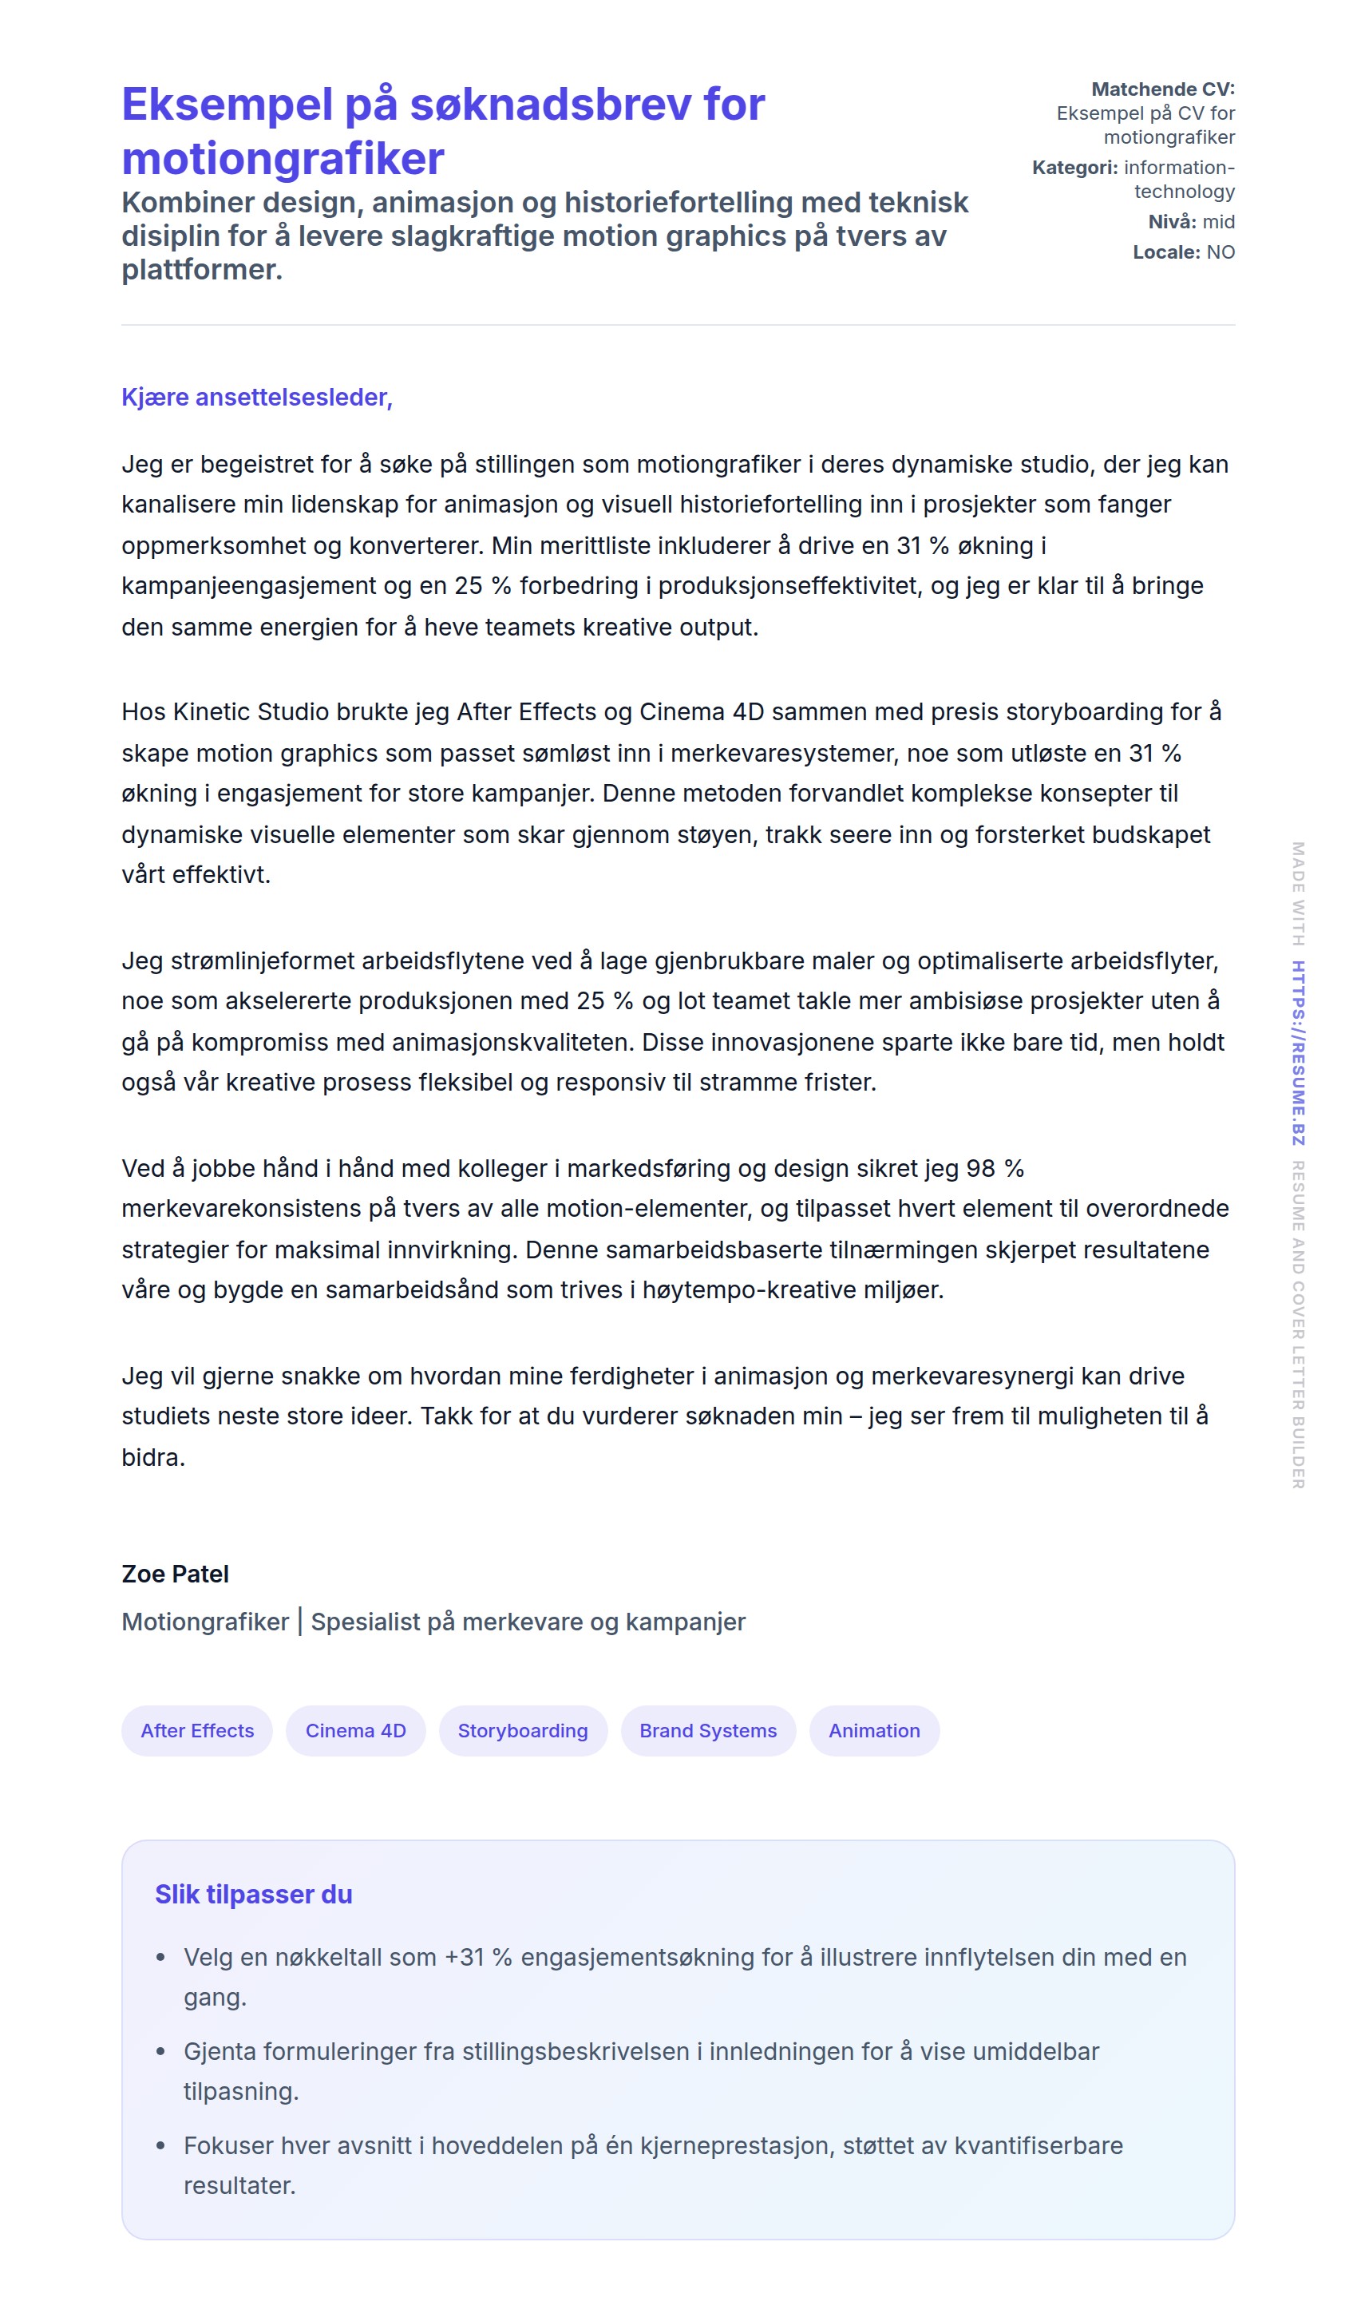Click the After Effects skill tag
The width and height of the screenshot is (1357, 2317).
point(196,1730)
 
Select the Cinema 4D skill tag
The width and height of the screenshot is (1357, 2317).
point(355,1730)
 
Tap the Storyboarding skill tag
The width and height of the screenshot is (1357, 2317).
point(522,1730)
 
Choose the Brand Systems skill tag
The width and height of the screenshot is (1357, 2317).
point(708,1730)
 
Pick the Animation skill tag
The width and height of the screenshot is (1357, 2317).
point(873,1730)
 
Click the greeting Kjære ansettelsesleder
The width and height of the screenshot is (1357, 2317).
point(256,397)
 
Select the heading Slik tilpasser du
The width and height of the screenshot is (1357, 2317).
point(253,1894)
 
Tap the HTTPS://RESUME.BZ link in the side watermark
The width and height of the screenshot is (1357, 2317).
point(1297,1053)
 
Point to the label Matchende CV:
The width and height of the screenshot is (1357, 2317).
point(1162,89)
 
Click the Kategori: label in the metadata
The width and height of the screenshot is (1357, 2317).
point(1074,168)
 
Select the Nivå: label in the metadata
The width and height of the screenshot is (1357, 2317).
point(1171,222)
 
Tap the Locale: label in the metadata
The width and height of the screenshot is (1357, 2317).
point(1165,252)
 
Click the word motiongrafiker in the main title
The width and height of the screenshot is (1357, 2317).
point(283,158)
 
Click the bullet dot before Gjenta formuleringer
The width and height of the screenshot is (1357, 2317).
point(161,2051)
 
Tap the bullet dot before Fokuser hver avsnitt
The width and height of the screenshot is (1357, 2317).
point(161,2145)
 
